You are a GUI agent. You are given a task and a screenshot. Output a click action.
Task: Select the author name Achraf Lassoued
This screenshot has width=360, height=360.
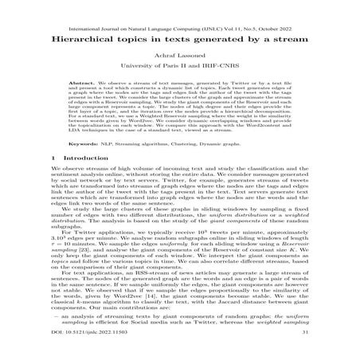pyautogui.click(x=180, y=53)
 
